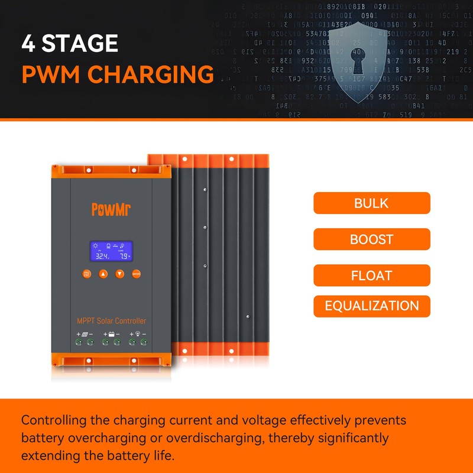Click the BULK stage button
[371, 203]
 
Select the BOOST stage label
[371, 239]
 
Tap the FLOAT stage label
[371, 276]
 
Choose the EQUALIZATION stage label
[371, 306]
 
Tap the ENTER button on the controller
[137, 274]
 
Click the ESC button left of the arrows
[87, 274]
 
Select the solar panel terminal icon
[85, 335]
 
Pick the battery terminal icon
[111, 335]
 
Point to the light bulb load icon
[138, 335]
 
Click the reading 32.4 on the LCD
[101, 257]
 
